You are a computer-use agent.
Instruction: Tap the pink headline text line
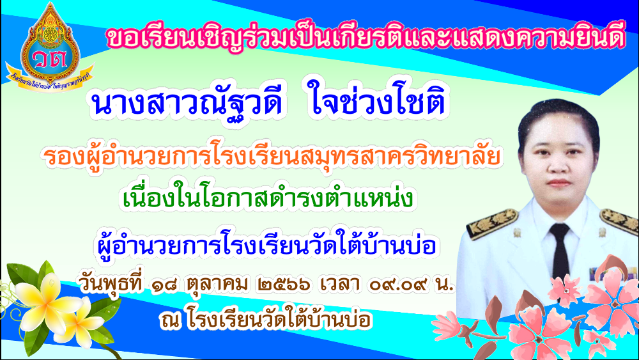(x=366, y=38)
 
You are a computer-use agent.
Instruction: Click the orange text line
(x=272, y=157)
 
